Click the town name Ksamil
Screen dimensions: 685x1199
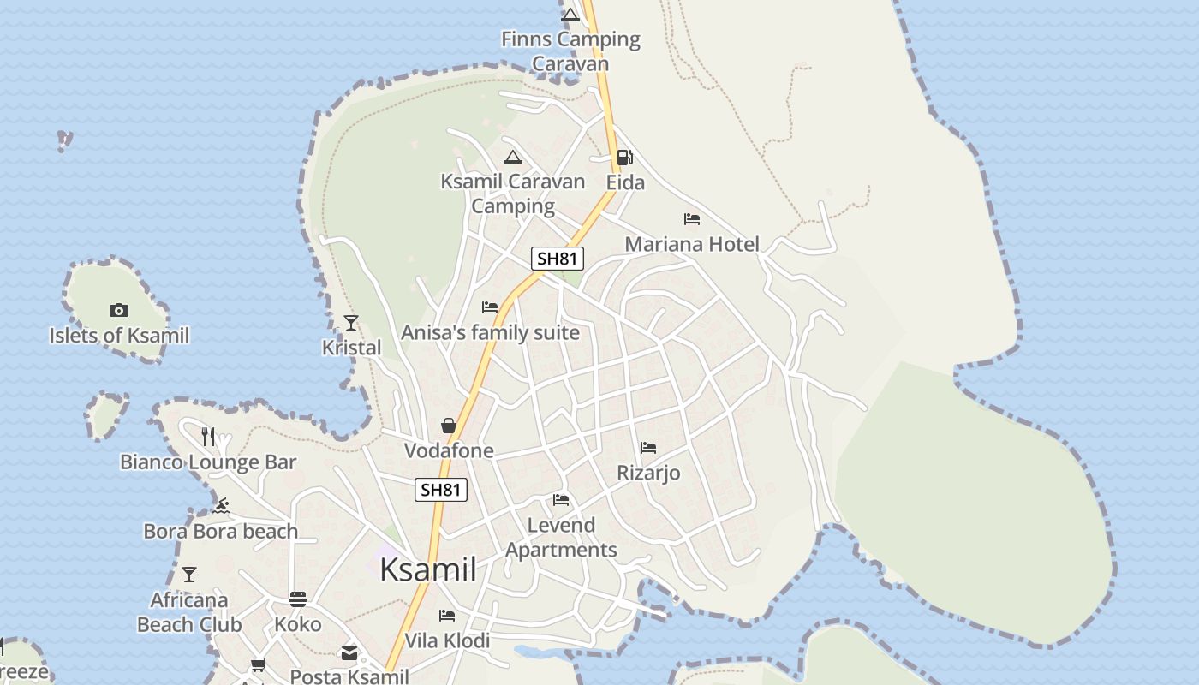[427, 569]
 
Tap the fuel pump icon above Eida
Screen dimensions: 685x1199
[624, 158]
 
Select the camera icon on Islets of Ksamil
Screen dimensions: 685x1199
[119, 310]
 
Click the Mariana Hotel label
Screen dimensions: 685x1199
[692, 245]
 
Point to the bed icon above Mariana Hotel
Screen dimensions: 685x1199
[692, 220]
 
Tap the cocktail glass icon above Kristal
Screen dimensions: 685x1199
[351, 323]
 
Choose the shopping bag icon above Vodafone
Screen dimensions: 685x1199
[448, 426]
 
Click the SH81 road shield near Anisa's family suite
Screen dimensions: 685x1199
[557, 259]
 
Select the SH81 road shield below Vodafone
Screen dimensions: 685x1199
[442, 490]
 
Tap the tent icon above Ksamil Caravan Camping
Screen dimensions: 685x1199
[513, 157]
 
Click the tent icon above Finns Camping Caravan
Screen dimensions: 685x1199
[570, 15]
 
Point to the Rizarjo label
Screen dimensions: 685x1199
[648, 473]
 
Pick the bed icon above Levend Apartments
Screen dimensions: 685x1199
[561, 500]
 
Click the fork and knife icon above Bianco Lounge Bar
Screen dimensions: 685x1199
[208, 437]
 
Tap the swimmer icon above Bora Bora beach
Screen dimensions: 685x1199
[221, 506]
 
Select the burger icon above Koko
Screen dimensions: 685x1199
[298, 599]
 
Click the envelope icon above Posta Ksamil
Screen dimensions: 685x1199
[349, 653]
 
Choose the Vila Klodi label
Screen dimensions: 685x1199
[447, 640]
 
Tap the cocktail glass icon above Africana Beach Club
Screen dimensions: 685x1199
[189, 575]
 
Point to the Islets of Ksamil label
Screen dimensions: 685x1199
[119, 336]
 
